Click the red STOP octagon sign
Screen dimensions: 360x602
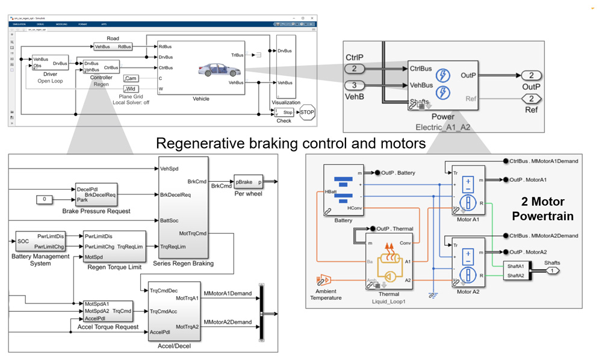307,113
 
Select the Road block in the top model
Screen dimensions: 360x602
113,46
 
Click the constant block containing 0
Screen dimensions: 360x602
44,199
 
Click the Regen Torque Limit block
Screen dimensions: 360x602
114,246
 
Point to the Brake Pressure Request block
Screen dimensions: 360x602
96,194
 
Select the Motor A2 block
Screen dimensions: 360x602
467,262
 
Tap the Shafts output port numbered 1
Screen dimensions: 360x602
551,271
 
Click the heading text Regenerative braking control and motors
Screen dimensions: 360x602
291,143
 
